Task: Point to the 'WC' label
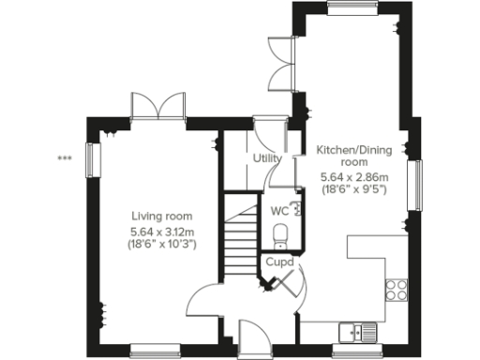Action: click(x=279, y=211)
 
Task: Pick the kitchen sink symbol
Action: click(x=360, y=330)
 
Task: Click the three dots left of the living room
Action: click(x=64, y=158)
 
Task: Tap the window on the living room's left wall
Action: click(x=92, y=159)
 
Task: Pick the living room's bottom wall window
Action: click(x=154, y=353)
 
